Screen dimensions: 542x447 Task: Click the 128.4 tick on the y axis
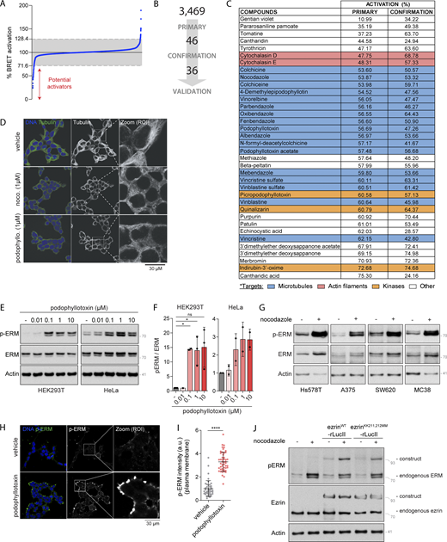click(22, 40)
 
